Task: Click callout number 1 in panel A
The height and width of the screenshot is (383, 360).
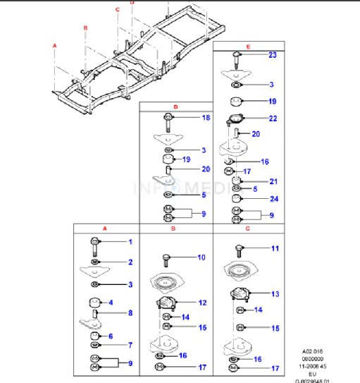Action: pyautogui.click(x=130, y=243)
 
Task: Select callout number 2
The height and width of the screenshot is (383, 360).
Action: pyautogui.click(x=130, y=262)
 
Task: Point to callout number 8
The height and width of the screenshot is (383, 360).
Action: pyautogui.click(x=130, y=313)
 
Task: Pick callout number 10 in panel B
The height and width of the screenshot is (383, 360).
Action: pyautogui.click(x=201, y=257)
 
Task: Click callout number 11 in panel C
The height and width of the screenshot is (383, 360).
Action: pyautogui.click(x=275, y=248)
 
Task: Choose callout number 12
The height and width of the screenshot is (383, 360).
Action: pyautogui.click(x=202, y=303)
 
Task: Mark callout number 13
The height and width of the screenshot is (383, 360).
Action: pyautogui.click(x=275, y=293)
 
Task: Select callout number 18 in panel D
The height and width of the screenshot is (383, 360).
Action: pyautogui.click(x=206, y=118)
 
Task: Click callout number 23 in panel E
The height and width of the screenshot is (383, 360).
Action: pyautogui.click(x=273, y=54)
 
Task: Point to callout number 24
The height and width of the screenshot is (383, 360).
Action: pyautogui.click(x=274, y=199)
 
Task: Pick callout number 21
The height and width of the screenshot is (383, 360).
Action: pyautogui.click(x=273, y=181)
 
